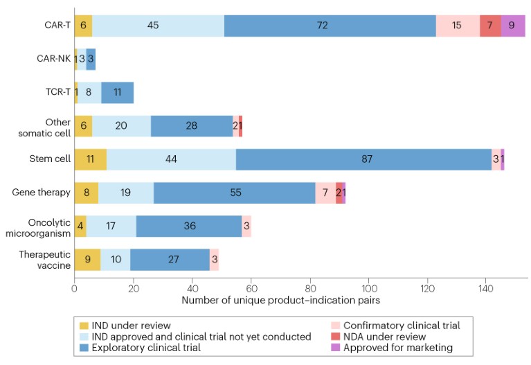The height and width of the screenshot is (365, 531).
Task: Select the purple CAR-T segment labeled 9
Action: [513, 26]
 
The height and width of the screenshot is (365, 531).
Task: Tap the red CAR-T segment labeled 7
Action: [490, 26]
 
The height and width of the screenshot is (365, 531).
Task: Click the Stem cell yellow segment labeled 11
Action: [90, 159]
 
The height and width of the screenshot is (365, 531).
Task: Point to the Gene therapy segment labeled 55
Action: [236, 193]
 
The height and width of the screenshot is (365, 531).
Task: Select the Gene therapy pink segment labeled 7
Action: [325, 193]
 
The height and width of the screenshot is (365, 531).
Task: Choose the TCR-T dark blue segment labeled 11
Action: [118, 93]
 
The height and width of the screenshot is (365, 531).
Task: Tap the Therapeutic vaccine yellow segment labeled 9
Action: [87, 260]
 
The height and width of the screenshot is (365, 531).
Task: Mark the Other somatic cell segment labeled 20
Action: [122, 126]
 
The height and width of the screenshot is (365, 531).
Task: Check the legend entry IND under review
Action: [131, 324]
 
